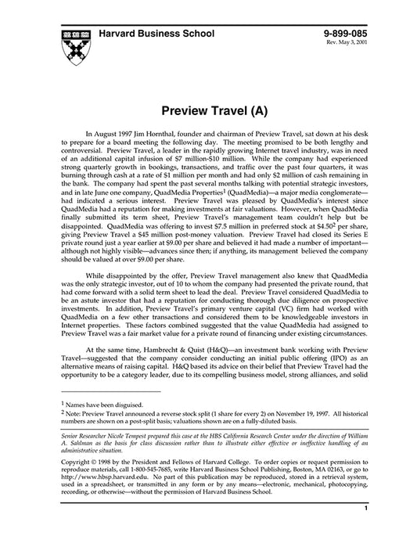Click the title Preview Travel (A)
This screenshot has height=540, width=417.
tap(208, 112)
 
